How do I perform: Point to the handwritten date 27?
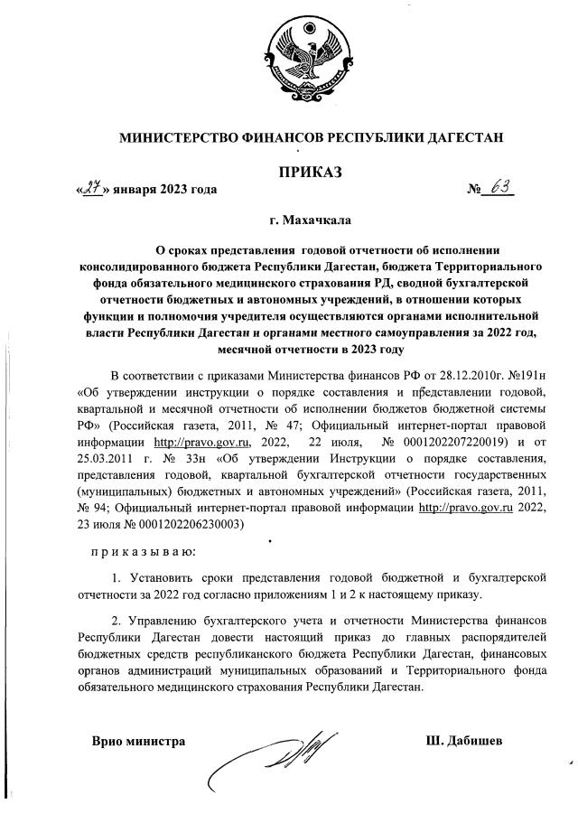pyautogui.click(x=90, y=190)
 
